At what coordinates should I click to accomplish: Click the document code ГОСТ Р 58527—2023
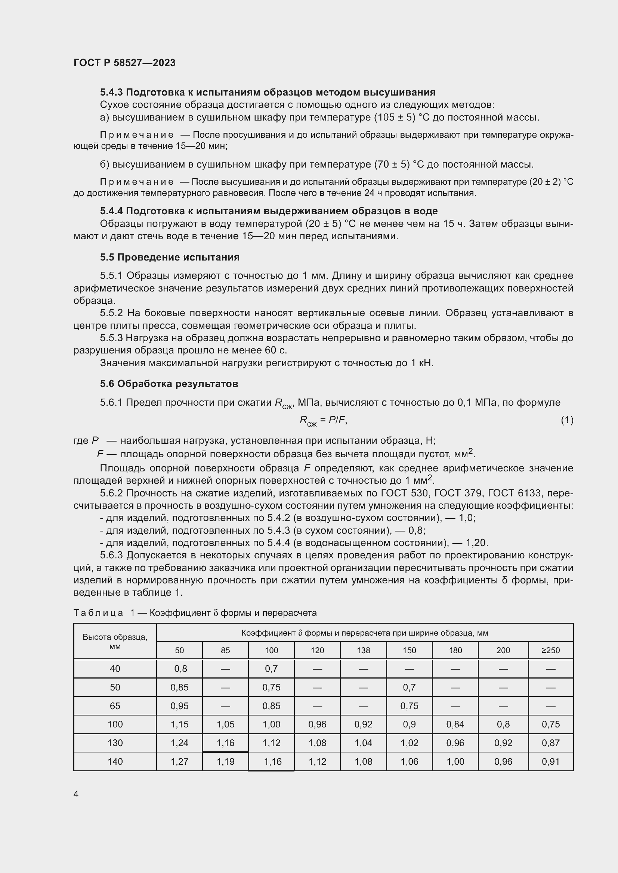(x=124, y=63)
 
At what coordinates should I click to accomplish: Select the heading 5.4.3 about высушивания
(x=268, y=92)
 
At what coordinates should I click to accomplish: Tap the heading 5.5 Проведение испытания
(x=170, y=258)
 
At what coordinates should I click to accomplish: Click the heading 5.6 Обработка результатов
(x=169, y=384)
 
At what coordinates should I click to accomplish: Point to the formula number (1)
(x=567, y=420)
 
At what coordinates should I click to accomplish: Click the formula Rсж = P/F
(x=323, y=421)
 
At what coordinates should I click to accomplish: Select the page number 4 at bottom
(x=76, y=794)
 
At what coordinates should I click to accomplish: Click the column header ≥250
(x=551, y=650)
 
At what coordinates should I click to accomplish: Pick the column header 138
(x=363, y=650)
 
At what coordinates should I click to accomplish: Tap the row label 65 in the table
(x=115, y=706)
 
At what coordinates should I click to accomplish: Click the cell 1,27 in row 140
(x=179, y=762)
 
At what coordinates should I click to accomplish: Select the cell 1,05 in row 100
(x=225, y=724)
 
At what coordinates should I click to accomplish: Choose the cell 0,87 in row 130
(x=551, y=743)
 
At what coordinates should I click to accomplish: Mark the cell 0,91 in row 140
(x=551, y=762)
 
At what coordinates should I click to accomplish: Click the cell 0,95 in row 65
(x=179, y=706)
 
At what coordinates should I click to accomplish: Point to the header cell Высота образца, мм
(x=115, y=642)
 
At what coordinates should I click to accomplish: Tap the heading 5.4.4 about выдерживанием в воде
(x=269, y=211)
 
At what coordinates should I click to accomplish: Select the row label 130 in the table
(x=115, y=743)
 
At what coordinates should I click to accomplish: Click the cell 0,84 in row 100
(x=455, y=724)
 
